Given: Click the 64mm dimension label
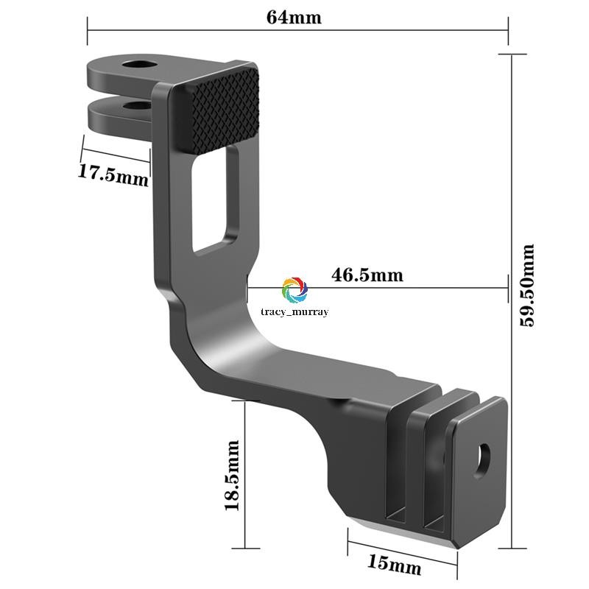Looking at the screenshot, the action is pos(294,17).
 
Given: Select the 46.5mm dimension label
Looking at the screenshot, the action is pos(367,275).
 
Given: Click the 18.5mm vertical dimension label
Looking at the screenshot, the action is pos(232,475).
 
